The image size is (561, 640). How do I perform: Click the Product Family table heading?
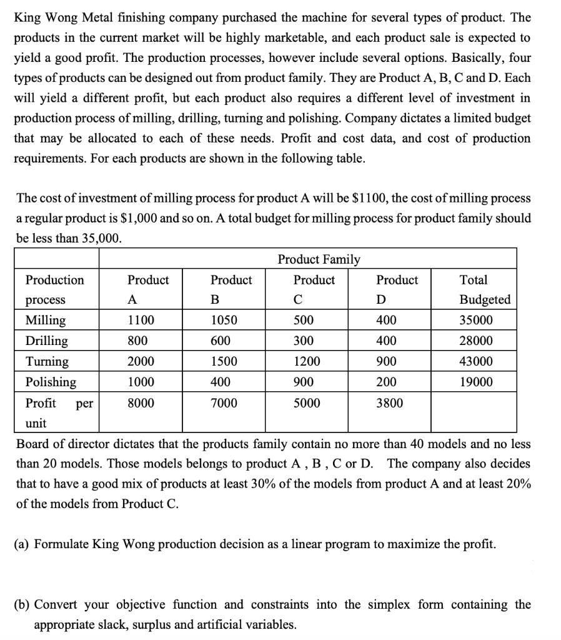(x=319, y=259)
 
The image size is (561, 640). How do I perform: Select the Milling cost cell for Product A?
(x=141, y=321)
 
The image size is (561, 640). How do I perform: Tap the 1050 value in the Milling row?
(x=224, y=321)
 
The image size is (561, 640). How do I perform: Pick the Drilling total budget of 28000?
(x=475, y=341)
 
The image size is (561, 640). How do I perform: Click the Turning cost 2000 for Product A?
(x=141, y=361)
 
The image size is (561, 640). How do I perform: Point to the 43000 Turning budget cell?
(x=475, y=361)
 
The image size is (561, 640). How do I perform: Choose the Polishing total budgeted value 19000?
(x=475, y=382)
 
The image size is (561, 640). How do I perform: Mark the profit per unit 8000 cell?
(x=141, y=403)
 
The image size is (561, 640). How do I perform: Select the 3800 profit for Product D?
(x=390, y=403)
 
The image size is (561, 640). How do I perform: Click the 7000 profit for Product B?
(x=224, y=403)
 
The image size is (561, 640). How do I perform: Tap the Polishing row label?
(x=51, y=382)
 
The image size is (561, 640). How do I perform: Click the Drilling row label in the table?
(x=47, y=341)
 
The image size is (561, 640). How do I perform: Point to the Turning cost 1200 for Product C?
(x=307, y=361)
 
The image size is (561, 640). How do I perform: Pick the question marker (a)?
(x=22, y=544)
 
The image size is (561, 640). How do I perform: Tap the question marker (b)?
(x=22, y=604)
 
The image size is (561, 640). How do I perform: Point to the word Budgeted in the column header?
(x=485, y=300)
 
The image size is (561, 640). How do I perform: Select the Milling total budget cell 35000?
(x=475, y=321)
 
